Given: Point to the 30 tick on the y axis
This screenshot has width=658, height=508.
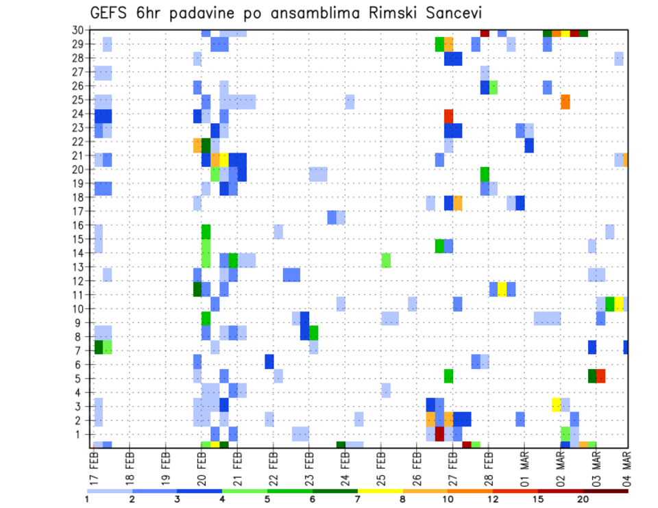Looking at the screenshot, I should click(80, 30).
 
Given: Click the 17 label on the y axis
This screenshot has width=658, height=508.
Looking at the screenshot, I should click(80, 212).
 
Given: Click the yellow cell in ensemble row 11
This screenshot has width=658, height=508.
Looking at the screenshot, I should click(502, 289).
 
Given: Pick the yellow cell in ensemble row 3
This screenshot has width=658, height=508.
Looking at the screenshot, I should click(557, 404).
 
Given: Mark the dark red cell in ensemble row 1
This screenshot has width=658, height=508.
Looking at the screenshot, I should click(439, 433).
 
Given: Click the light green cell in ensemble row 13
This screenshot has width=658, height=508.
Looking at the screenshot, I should click(386, 260).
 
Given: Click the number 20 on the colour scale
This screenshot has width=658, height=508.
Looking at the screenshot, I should click(583, 498).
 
